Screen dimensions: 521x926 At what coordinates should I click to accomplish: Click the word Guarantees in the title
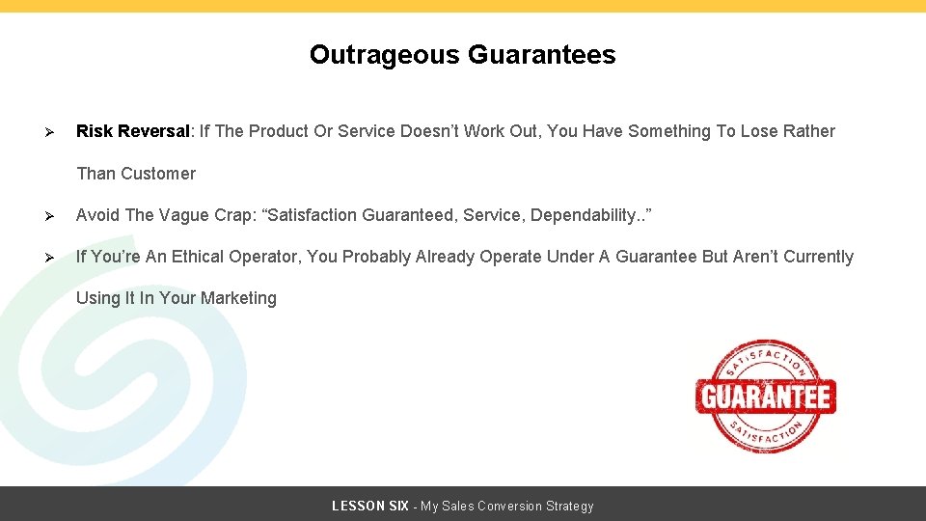(x=541, y=55)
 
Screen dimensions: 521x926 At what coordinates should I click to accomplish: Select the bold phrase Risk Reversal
(x=133, y=131)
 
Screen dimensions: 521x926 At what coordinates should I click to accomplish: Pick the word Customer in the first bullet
(x=158, y=174)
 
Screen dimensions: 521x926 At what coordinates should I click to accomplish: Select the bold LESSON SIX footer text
(x=369, y=506)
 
